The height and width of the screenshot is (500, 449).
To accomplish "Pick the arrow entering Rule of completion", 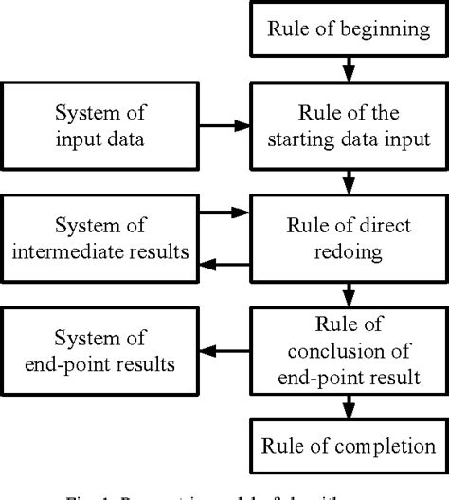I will pyautogui.click(x=348, y=404).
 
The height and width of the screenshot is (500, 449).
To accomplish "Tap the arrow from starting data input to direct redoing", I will pyautogui.click(x=348, y=180).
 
